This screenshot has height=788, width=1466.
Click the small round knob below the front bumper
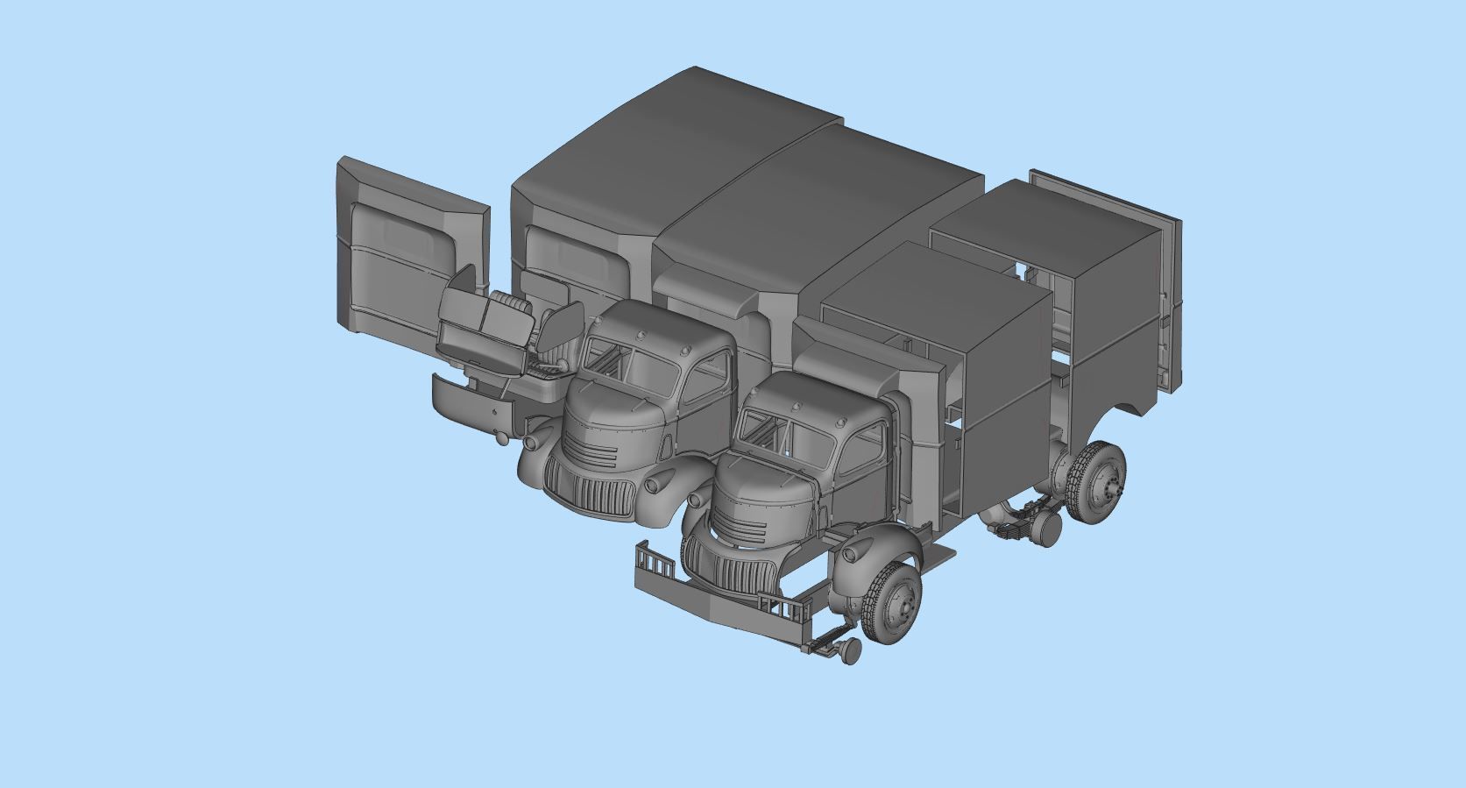tap(848, 650)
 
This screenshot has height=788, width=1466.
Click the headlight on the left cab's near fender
tap(655, 484)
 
